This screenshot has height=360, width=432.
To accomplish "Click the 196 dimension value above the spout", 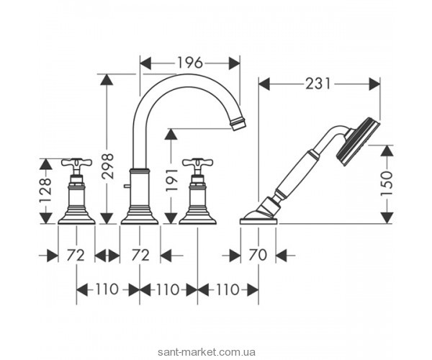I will tap(190, 63).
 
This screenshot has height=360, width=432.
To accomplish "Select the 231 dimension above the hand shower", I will tap(318, 84).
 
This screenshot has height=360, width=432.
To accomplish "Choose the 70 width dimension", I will tap(258, 254).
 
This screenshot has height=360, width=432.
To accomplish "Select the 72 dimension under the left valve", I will tap(76, 254).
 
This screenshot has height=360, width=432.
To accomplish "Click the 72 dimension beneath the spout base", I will tap(140, 254).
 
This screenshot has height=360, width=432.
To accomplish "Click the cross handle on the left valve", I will tap(76, 165).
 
